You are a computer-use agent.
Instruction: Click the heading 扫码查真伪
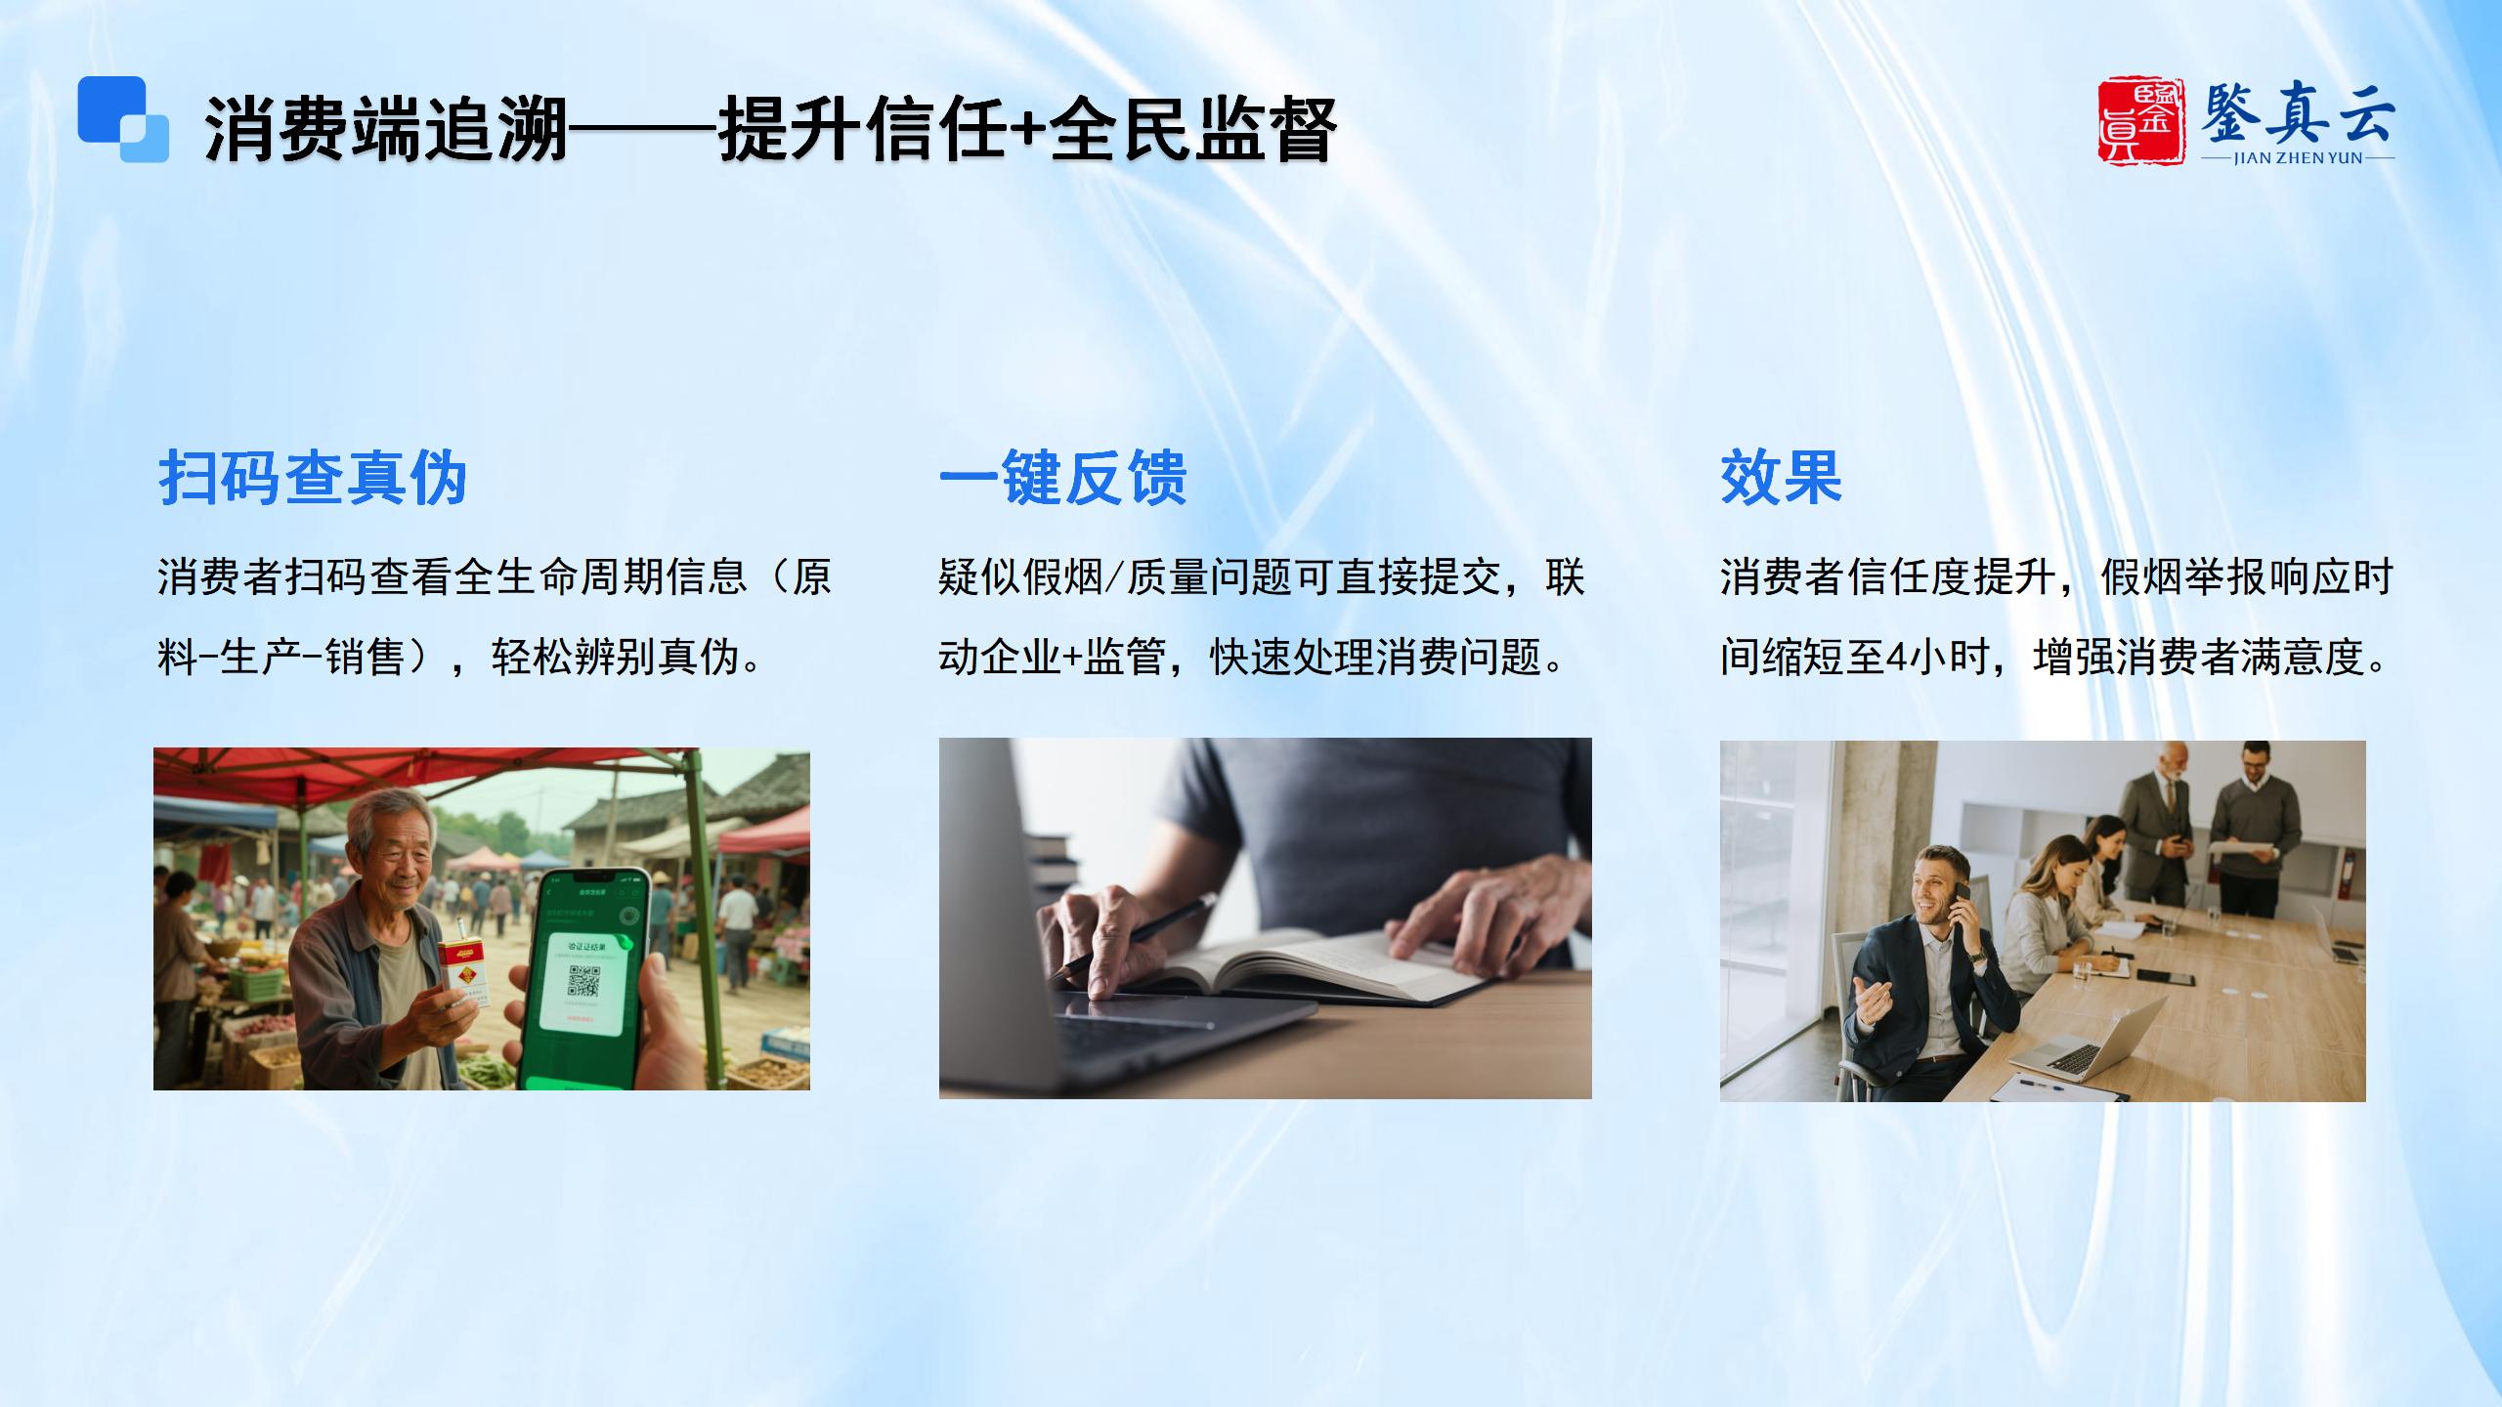313,478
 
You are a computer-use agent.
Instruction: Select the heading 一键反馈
1063,478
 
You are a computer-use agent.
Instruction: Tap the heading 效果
1781,478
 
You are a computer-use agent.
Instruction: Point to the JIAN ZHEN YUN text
2298,158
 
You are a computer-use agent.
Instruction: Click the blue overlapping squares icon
123,119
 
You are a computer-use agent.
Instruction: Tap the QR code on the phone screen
583,981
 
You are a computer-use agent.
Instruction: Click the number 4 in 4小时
1897,658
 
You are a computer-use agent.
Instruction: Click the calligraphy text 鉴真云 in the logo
2298,114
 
